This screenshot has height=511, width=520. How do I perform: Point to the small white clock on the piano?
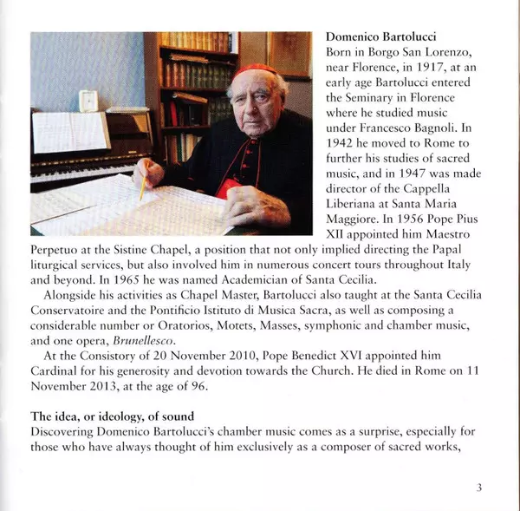[x=88, y=101]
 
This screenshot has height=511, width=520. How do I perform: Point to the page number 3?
[x=478, y=488]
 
